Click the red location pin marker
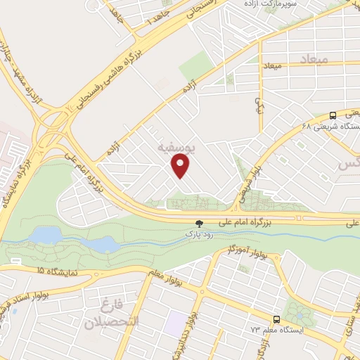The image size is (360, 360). [x=181, y=166]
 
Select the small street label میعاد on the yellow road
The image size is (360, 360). [x=273, y=65]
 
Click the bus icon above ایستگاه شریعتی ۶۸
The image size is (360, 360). [x=333, y=115]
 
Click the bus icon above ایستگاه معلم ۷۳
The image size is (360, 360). [x=276, y=318]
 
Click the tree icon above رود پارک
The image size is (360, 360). [x=200, y=222]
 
